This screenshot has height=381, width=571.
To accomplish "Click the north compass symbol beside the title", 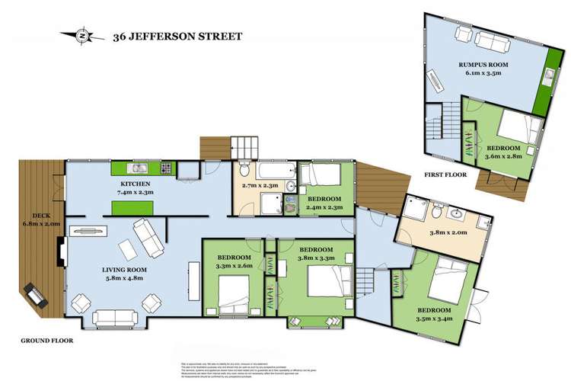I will click(85, 35).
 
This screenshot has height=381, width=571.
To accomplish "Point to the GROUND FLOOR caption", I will click(48, 341).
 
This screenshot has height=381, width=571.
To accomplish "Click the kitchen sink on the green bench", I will click(137, 168).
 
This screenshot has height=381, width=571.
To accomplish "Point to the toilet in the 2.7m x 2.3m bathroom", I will click(243, 167).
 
